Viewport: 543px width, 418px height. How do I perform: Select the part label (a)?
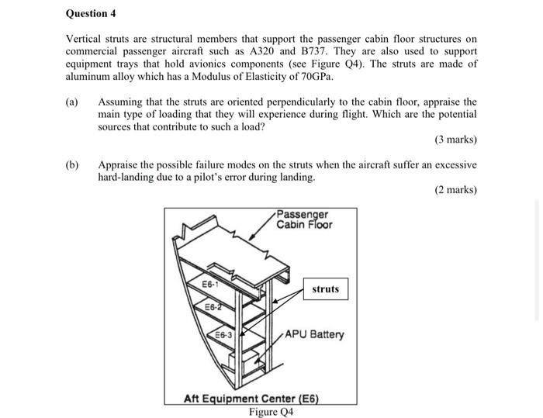tap(74, 102)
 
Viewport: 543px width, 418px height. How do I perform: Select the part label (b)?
tap(74, 165)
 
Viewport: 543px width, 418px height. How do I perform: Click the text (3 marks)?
tap(456, 140)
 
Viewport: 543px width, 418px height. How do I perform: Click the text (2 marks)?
tap(456, 190)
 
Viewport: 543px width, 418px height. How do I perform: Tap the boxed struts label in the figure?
tap(325, 289)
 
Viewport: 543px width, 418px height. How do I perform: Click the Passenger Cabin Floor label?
tap(304, 219)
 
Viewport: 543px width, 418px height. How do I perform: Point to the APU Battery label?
tap(314, 335)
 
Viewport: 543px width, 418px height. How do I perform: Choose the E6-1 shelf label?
tap(211, 284)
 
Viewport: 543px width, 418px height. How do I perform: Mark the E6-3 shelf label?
tap(226, 335)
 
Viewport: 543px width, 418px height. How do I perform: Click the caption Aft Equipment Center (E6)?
tap(251, 399)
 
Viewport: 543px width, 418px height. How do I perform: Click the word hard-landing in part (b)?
tap(124, 178)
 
